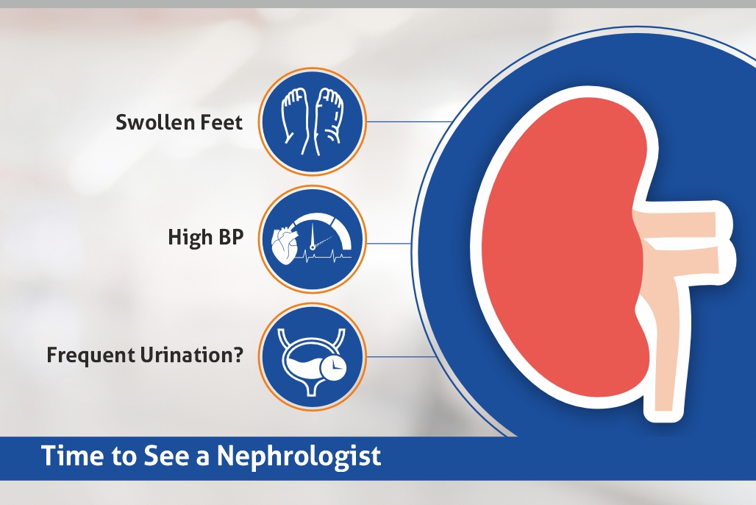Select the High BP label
click(x=205, y=238)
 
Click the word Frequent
click(x=89, y=356)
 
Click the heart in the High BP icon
click(x=285, y=244)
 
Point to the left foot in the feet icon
click(x=295, y=117)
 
